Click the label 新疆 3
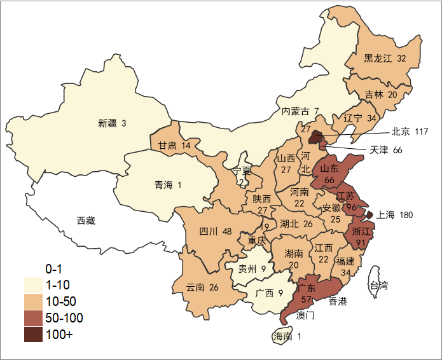coord(113,123)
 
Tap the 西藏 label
coord(86,221)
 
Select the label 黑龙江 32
coord(385,59)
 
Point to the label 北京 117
coord(410,132)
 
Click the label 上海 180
coord(395,215)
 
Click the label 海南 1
coord(286,336)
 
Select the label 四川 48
coord(215,231)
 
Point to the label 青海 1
coord(168,185)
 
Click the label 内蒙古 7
coord(300,111)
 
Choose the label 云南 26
coord(202,287)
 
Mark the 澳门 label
coord(305,315)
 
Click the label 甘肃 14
coord(175,146)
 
